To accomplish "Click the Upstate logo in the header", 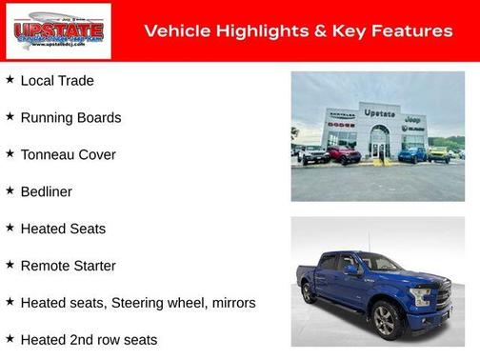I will click(x=57, y=31).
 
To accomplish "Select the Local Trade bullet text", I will click(x=57, y=81).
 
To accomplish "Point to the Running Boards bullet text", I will click(x=70, y=118).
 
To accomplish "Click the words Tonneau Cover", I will click(x=68, y=155).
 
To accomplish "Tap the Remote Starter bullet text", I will click(x=68, y=266).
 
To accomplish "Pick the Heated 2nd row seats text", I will click(x=89, y=340).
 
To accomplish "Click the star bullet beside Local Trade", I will click(x=10, y=80).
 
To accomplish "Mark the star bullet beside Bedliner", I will click(x=10, y=190).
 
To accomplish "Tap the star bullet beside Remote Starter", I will click(x=10, y=265).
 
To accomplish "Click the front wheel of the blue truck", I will click(x=386, y=320).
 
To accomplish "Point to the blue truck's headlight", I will click(x=420, y=296).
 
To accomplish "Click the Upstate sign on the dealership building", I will click(x=379, y=113).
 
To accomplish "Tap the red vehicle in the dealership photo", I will click(x=343, y=153).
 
